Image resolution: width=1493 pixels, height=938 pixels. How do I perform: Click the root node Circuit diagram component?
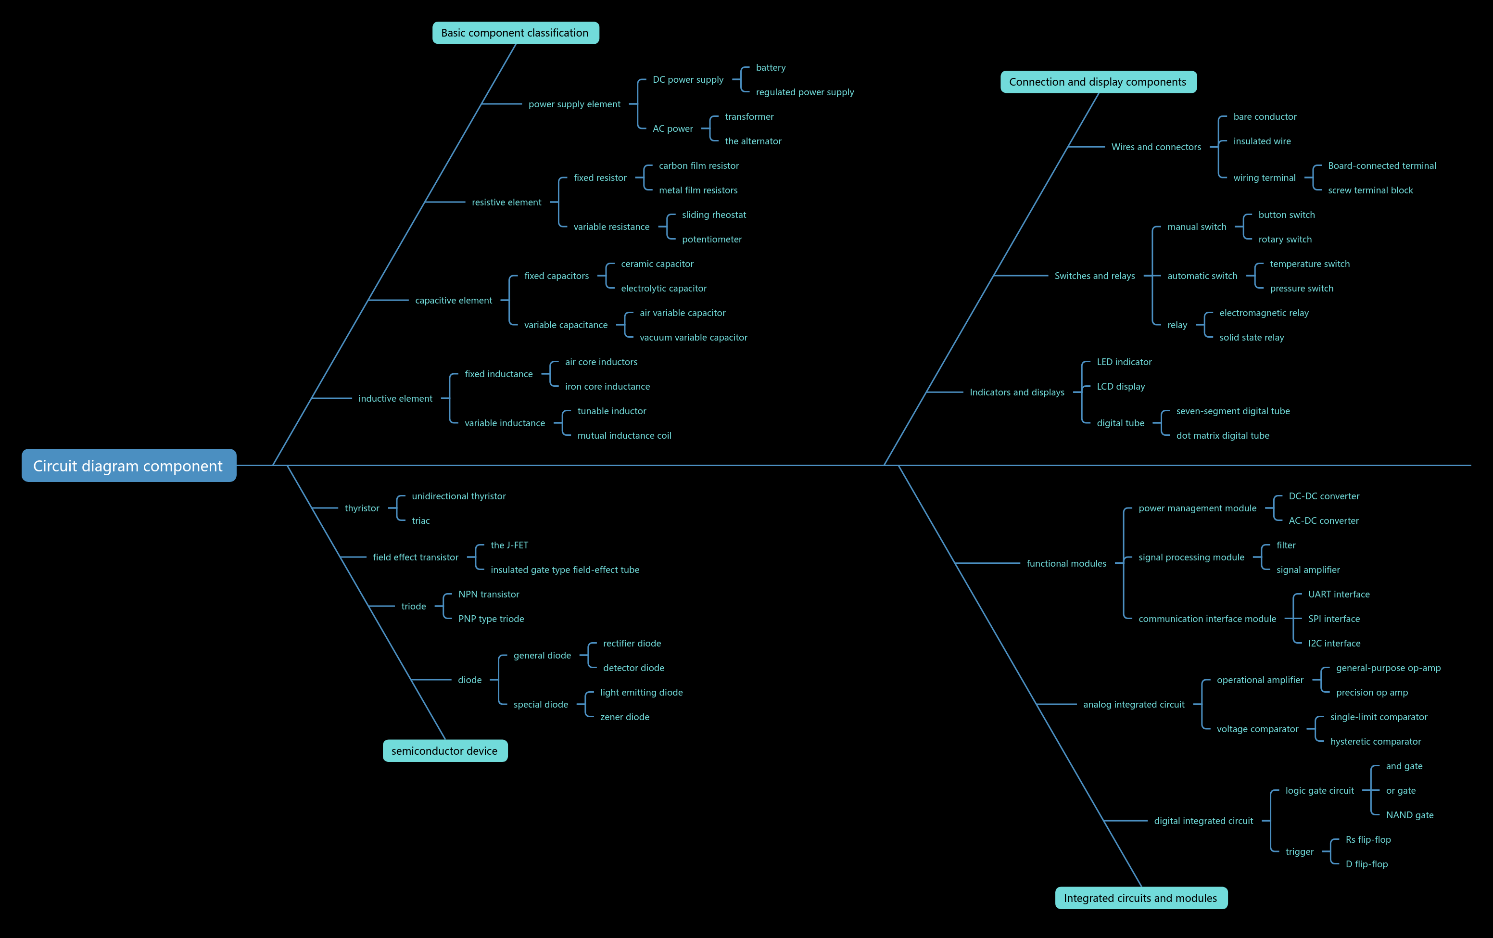129,466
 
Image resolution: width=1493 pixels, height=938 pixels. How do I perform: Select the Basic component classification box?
515,33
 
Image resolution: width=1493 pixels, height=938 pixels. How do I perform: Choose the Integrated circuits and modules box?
1141,898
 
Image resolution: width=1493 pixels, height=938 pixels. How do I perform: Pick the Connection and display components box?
1098,82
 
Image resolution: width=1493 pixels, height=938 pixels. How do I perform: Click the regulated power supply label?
805,92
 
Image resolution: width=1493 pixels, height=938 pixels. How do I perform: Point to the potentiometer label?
712,239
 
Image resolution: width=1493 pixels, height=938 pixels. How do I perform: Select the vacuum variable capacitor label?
693,337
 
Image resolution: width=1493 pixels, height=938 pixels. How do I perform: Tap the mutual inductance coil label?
624,435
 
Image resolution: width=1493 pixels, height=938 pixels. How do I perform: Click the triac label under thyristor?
421,521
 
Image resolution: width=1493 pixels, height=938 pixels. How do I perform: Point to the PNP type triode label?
491,619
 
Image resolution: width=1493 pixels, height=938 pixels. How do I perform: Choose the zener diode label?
625,717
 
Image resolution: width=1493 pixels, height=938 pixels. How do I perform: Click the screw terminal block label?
1370,190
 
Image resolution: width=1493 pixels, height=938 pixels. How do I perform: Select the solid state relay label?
1252,337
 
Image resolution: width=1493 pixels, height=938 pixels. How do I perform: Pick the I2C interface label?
1334,644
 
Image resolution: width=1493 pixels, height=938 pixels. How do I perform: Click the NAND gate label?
1410,815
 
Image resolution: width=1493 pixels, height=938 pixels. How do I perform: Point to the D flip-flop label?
1366,864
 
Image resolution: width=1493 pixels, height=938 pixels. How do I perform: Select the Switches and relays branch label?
1095,276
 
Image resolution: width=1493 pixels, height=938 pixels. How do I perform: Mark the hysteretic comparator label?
1376,741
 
